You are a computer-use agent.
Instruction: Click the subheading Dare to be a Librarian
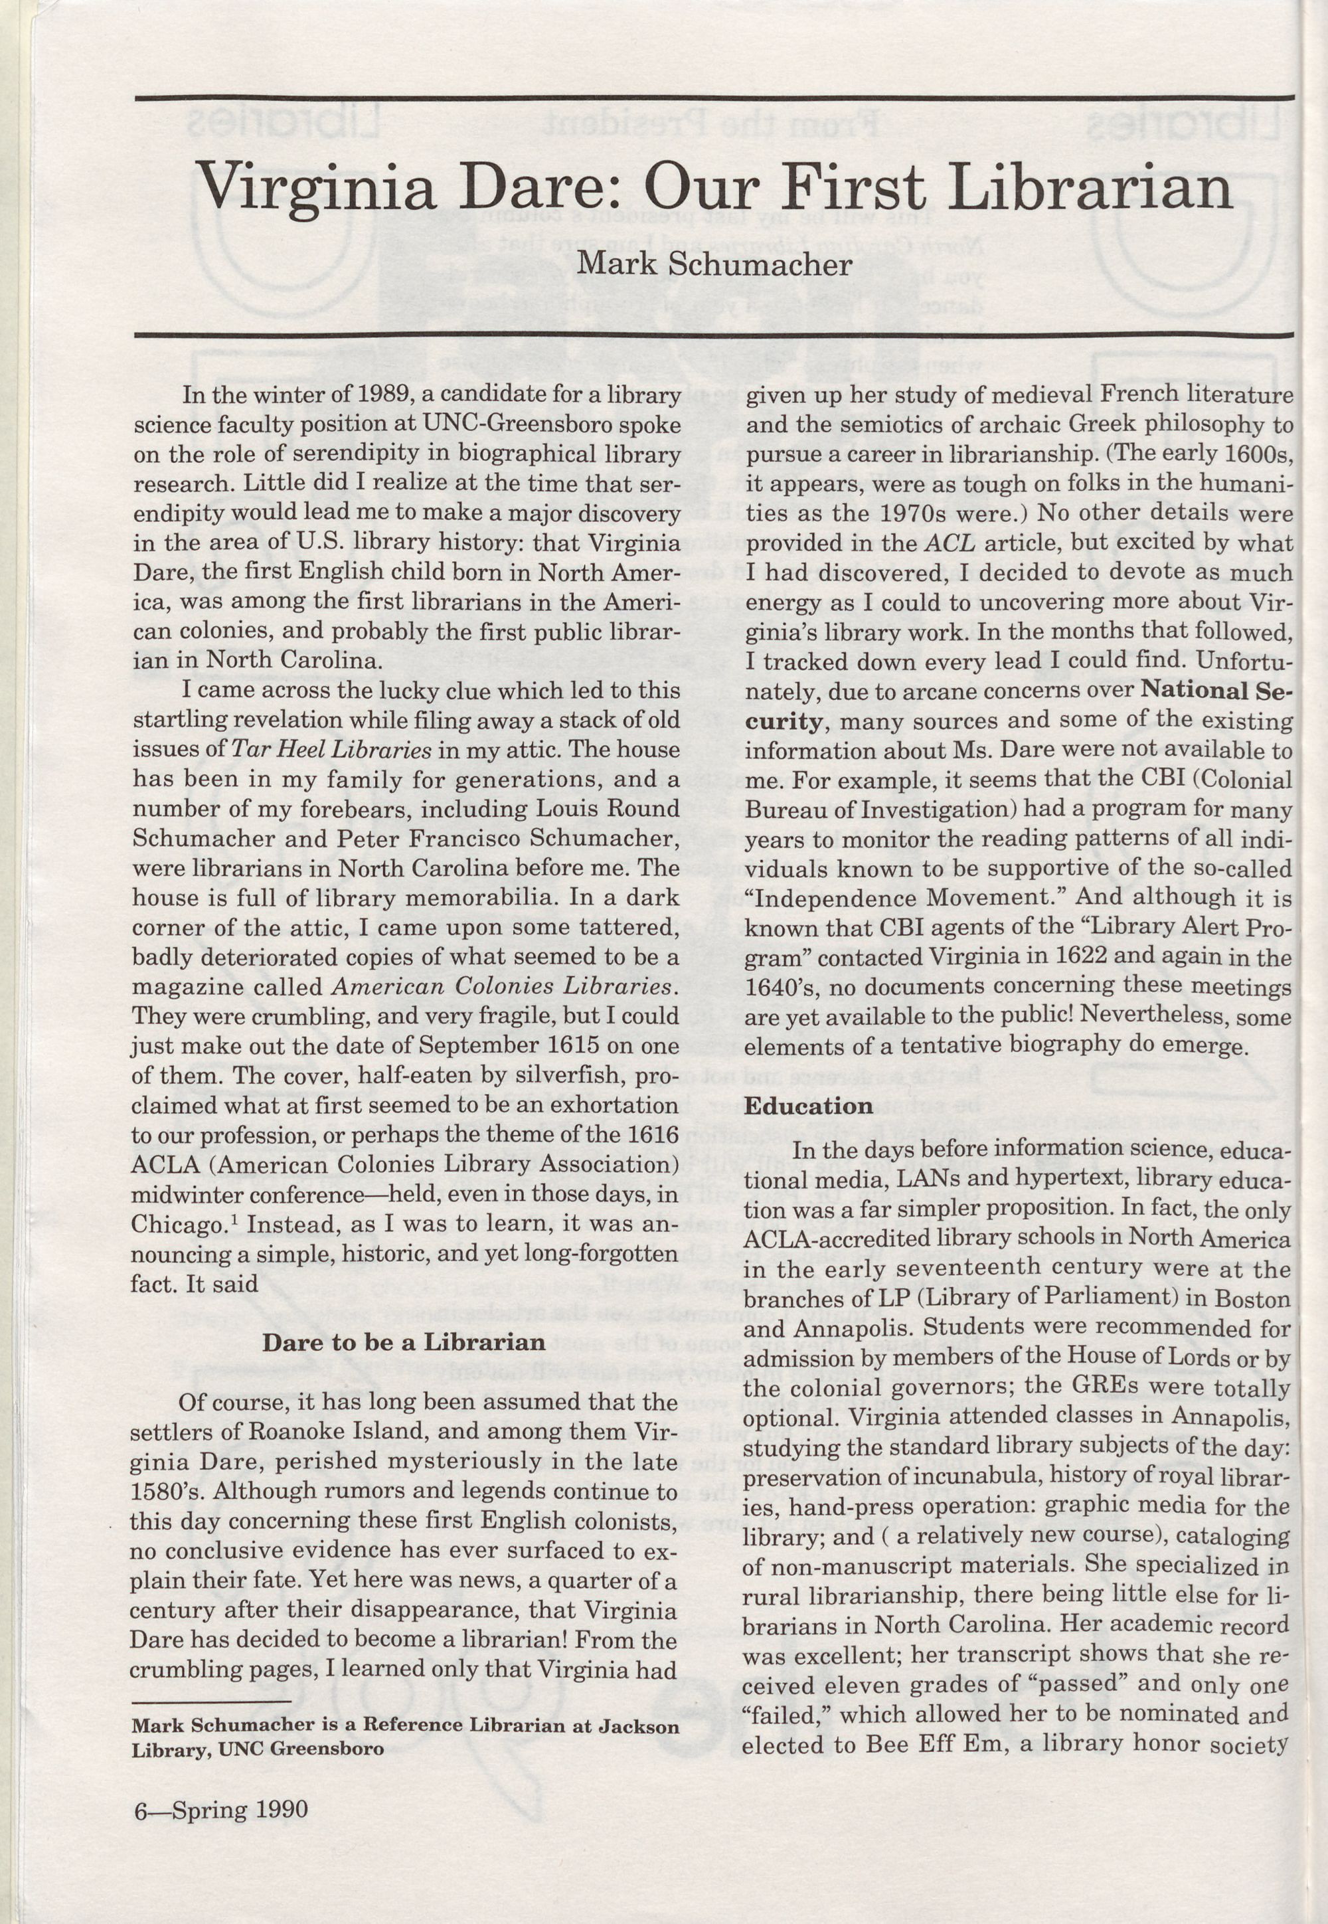coord(404,1342)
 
